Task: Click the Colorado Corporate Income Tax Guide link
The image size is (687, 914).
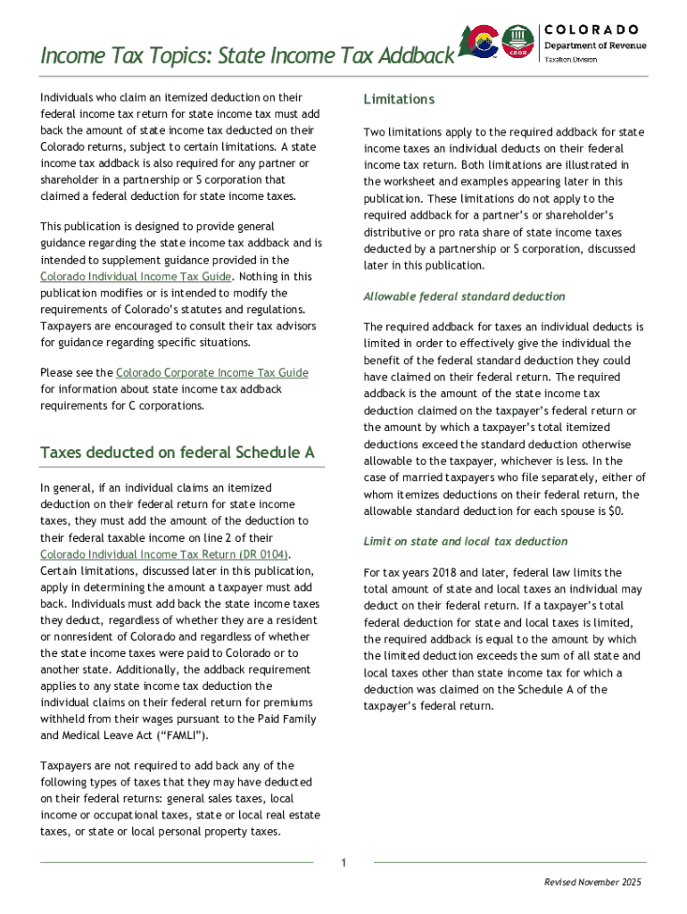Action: tap(212, 372)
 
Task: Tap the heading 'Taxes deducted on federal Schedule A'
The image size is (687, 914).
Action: tap(178, 453)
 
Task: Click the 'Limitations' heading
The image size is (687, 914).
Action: tap(399, 99)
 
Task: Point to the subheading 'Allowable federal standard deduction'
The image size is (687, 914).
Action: tap(464, 296)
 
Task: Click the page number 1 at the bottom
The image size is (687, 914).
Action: tap(343, 862)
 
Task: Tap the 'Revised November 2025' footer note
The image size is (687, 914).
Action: tap(592, 883)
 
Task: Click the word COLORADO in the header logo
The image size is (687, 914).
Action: tap(591, 29)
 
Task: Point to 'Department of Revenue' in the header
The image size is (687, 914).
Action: tap(595, 46)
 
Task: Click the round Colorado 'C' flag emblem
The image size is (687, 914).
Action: tap(485, 41)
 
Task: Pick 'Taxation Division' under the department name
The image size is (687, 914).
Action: tap(571, 60)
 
